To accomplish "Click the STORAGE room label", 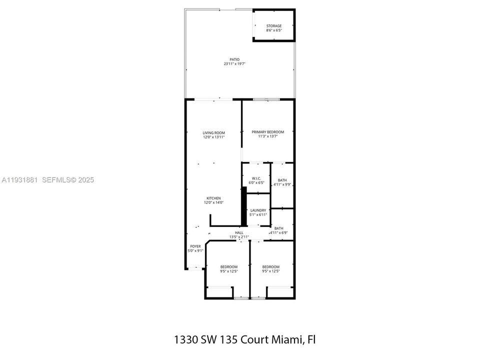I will point(273,26).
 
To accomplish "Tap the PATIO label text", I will point(227,59).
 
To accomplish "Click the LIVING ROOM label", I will point(213,132).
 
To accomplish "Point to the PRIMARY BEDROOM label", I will point(267,132).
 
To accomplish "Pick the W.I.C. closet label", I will point(256,178).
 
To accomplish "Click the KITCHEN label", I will point(213,198).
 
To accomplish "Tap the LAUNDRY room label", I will point(258,210).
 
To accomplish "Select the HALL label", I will point(239,232).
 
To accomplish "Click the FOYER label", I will point(195,246).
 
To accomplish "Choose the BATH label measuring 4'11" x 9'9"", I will point(282,180).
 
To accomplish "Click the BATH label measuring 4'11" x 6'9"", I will point(278,228).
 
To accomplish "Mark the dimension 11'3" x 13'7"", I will point(267,136).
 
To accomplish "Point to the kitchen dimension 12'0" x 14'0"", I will point(213,202).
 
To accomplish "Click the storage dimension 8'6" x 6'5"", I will point(273,30).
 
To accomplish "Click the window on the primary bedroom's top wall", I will point(266,100).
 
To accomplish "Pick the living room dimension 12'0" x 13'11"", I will point(213,137).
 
